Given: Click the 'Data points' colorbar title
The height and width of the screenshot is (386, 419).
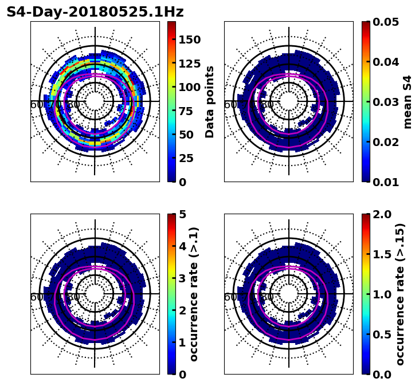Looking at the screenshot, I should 210,102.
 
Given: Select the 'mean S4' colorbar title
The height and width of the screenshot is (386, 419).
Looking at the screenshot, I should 408,102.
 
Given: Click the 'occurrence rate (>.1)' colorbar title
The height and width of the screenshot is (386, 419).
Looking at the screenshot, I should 194,294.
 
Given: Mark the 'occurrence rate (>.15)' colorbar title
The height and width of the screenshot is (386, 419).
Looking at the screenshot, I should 400,294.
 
